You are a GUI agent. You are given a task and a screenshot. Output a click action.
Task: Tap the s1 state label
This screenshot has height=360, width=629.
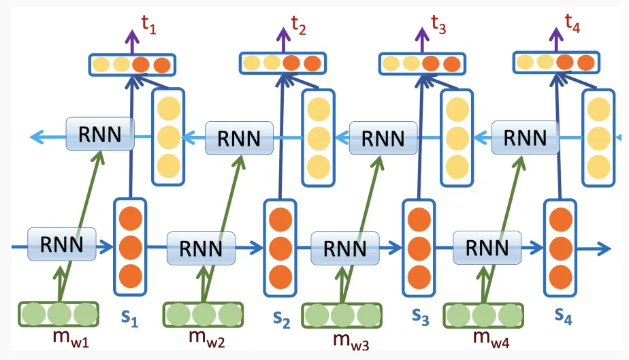pyautogui.click(x=129, y=318)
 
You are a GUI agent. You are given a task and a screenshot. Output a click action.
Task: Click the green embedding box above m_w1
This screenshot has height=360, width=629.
pyautogui.click(x=58, y=314)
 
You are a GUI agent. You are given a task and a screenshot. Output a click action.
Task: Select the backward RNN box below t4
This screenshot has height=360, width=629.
pyautogui.click(x=526, y=137)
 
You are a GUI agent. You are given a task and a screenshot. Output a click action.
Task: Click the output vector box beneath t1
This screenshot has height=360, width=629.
pyautogui.click(x=133, y=65)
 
